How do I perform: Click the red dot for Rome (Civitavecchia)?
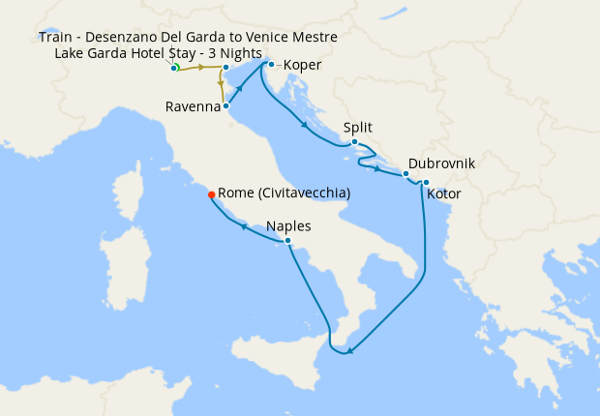211,193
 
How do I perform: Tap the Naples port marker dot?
287,240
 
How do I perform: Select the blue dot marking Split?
355,143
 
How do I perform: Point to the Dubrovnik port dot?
405,174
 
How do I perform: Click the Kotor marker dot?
426,182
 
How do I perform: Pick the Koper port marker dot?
271,65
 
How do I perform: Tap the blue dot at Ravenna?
225,106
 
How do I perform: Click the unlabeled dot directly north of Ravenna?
225,68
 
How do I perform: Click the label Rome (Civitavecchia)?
285,193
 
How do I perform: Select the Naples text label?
288,225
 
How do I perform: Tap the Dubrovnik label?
441,164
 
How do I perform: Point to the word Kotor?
443,194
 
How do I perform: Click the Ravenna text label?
193,106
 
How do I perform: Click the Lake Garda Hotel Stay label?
159,52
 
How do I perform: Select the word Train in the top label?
57,37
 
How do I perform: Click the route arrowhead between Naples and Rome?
244,227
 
